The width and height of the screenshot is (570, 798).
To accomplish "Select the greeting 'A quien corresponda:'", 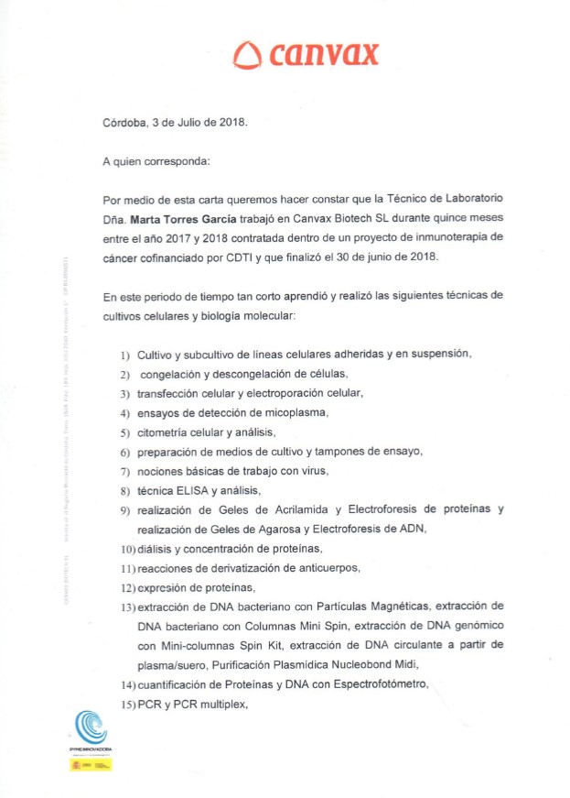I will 156,162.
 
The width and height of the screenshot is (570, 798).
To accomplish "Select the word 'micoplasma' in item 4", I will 296,412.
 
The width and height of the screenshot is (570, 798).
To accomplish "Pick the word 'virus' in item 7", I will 312,471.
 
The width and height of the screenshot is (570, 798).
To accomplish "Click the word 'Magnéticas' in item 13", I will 399,607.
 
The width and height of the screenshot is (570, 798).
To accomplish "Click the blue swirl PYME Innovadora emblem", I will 91,728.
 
